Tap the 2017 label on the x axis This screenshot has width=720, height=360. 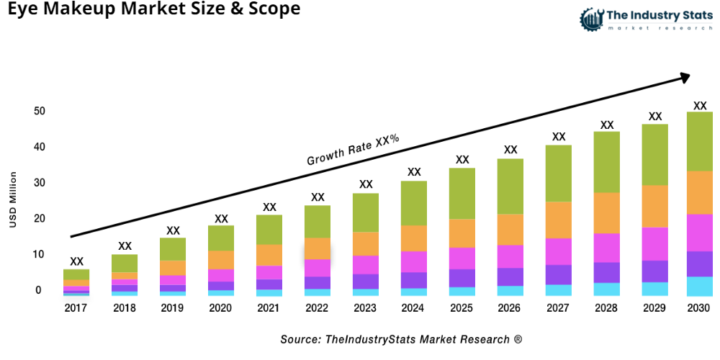click(76, 308)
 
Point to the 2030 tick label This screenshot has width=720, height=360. click(698, 308)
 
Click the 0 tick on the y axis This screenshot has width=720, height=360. click(38, 290)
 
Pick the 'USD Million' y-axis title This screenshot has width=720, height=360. click(13, 200)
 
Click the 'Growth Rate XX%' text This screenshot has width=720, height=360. click(353, 150)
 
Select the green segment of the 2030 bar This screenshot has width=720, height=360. click(699, 141)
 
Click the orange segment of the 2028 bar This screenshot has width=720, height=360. click(607, 213)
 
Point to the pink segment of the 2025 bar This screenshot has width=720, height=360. click(462, 258)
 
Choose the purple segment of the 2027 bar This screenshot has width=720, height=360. click(558, 274)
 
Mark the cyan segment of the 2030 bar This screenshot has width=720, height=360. click(699, 286)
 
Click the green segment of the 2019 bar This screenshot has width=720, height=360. click(173, 249)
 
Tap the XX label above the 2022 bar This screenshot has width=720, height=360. click(318, 197)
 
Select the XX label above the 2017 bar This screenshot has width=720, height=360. click(76, 261)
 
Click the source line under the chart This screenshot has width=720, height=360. click(401, 338)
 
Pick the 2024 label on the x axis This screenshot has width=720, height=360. click(414, 308)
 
